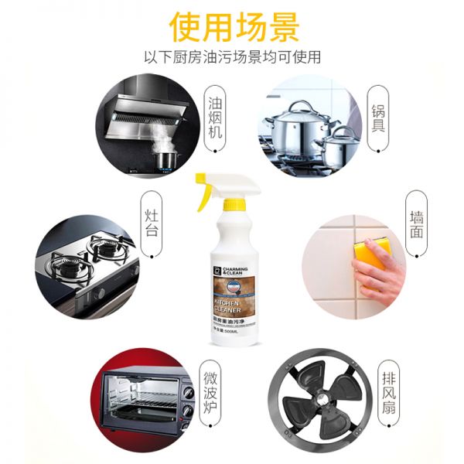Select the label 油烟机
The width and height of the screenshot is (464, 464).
pos(215,115)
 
